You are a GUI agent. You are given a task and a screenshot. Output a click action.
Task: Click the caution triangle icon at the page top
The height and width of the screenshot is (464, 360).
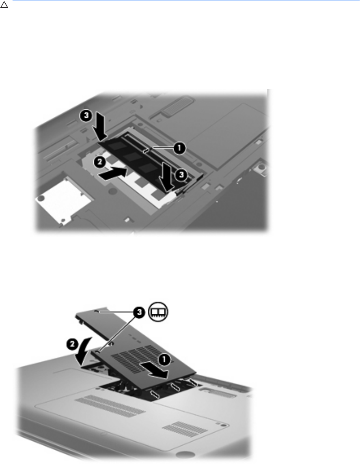click(x=4, y=5)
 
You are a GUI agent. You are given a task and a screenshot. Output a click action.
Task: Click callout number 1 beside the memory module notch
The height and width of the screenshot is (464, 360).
click(x=179, y=148)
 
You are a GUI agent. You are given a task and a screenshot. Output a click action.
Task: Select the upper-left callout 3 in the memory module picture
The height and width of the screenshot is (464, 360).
click(x=86, y=115)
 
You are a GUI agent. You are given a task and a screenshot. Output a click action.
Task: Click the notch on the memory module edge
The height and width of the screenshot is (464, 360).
click(x=146, y=151)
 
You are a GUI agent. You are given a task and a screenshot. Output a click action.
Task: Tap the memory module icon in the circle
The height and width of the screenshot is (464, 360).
click(x=158, y=312)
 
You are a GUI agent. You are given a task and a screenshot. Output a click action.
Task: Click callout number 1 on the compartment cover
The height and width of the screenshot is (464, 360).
click(x=164, y=360)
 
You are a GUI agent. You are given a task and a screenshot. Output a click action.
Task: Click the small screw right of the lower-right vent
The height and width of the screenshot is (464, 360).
click(x=224, y=425)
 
